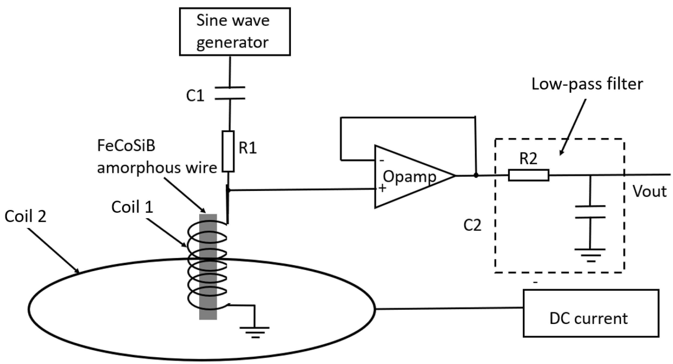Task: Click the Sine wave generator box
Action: click(x=235, y=32)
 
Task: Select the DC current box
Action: click(x=591, y=313)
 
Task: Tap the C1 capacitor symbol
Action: click(x=230, y=93)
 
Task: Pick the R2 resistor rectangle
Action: click(x=529, y=175)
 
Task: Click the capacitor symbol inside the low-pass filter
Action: click(x=590, y=212)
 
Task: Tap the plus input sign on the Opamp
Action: click(x=382, y=188)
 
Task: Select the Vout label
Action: click(x=650, y=192)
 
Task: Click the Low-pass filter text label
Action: click(x=587, y=84)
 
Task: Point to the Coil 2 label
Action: click(x=25, y=217)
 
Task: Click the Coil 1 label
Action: click(x=132, y=207)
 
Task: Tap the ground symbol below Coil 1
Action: click(x=255, y=332)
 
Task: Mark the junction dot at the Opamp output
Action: click(x=476, y=175)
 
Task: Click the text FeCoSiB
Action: click(x=126, y=146)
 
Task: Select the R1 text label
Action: click(x=248, y=148)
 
